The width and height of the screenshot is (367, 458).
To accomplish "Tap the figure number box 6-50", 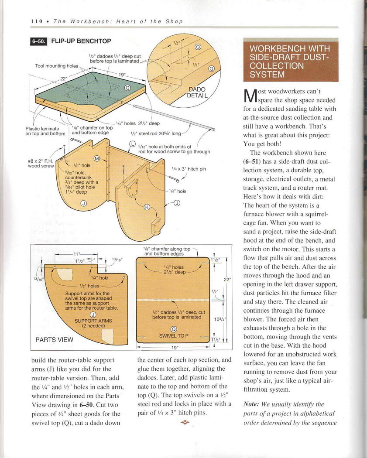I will [38, 41].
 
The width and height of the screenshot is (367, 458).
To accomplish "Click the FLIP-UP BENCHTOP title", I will [81, 41].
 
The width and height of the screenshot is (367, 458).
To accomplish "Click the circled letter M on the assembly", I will [97, 157].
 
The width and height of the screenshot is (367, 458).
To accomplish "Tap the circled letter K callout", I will [147, 207].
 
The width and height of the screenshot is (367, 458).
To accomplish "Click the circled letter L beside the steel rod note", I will [133, 145].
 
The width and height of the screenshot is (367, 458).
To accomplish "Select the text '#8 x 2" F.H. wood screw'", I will [41, 163].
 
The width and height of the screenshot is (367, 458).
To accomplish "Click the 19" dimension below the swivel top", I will [174, 348].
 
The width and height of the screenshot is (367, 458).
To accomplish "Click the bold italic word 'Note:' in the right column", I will [252, 404].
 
